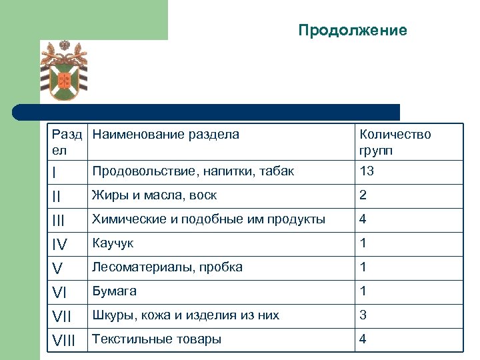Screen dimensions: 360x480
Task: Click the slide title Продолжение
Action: tap(352, 31)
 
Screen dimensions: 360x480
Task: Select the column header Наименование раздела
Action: tap(165, 135)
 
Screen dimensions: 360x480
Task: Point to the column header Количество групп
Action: tap(395, 142)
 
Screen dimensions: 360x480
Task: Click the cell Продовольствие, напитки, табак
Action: tap(193, 171)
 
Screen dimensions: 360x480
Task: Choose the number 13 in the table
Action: tap(367, 171)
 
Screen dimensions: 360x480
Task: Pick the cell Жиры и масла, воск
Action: tap(154, 195)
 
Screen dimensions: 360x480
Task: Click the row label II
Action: tap(58, 197)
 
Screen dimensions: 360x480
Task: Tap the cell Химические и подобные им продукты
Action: tap(208, 219)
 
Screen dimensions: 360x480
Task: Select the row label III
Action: tap(60, 221)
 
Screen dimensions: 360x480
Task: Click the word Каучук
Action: tap(113, 243)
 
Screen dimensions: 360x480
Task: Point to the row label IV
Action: tap(61, 245)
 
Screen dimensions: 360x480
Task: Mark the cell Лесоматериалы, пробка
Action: tap(167, 267)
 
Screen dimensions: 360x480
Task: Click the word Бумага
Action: tap(114, 291)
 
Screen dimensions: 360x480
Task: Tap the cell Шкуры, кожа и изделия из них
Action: tap(185, 315)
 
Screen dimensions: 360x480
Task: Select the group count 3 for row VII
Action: tap(363, 315)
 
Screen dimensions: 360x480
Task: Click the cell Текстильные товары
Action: tap(157, 339)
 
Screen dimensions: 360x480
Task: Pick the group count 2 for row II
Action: tap(363, 195)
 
